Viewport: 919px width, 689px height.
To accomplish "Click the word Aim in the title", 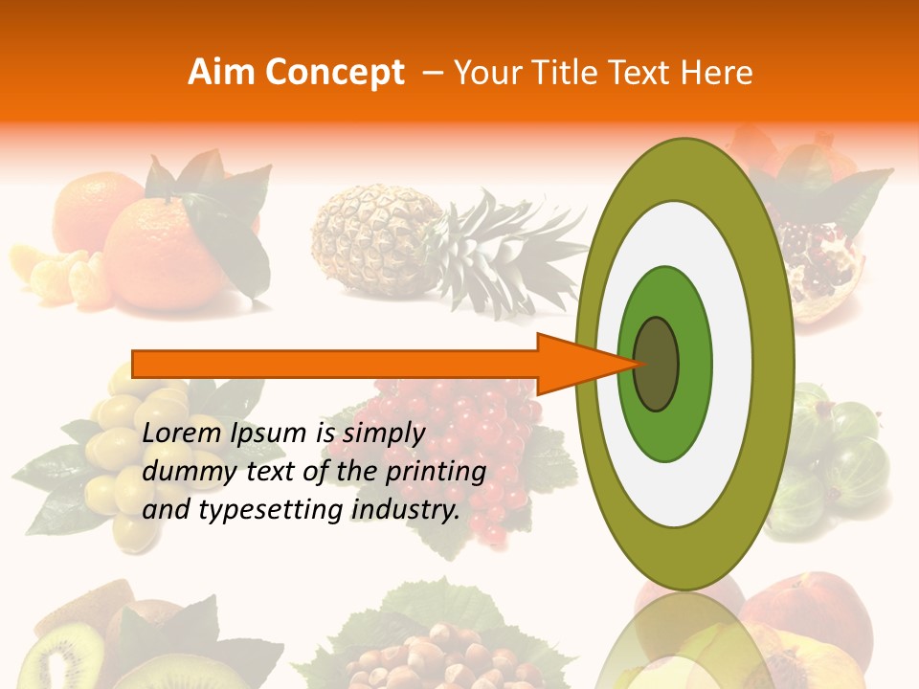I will click(x=223, y=73).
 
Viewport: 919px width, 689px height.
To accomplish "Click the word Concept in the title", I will click(x=334, y=73).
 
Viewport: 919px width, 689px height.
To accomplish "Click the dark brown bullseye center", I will click(x=657, y=364).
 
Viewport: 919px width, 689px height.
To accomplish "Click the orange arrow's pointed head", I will click(x=584, y=364).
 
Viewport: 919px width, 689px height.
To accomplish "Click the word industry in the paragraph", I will click(x=403, y=510).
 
